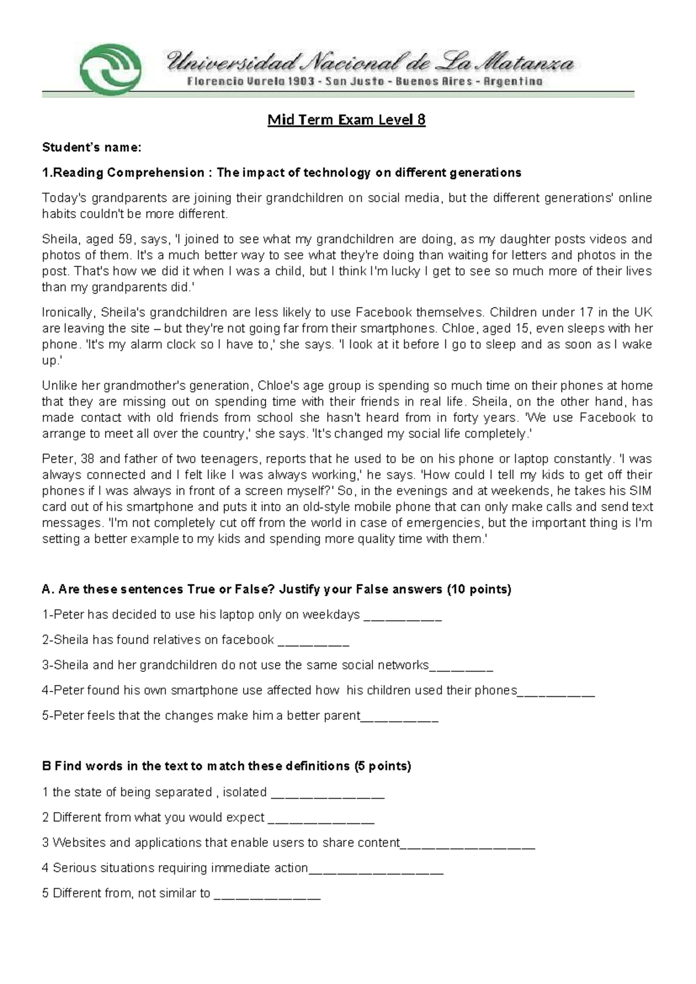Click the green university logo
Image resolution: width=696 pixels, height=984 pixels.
[x=111, y=68]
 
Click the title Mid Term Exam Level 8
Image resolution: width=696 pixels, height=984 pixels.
[x=346, y=120]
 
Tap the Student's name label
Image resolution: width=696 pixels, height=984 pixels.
[x=91, y=147]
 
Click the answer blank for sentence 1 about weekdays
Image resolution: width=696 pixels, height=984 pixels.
[x=403, y=616]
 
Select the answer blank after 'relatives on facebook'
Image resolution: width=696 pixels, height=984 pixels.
[x=313, y=641]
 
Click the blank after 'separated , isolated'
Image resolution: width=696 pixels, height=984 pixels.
[x=328, y=794]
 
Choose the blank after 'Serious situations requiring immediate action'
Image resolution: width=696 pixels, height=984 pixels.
[x=376, y=869]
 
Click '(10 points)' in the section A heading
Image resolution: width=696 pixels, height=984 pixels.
[x=478, y=589]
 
